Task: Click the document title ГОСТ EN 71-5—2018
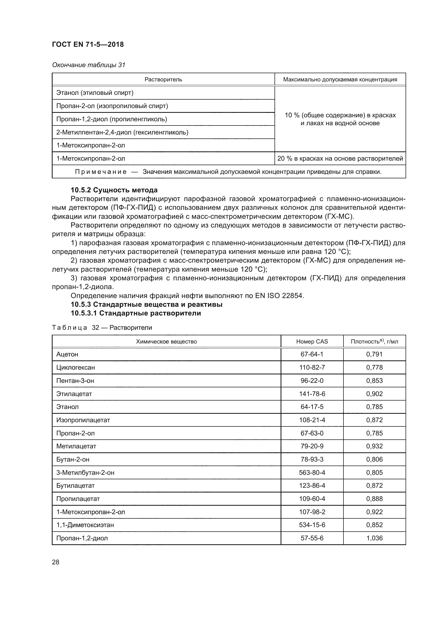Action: (88, 44)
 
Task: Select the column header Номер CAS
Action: (312, 342)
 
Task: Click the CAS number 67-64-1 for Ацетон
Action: (312, 354)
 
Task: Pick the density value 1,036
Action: (374, 538)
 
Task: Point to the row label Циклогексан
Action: (76, 368)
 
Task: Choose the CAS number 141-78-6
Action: (312, 394)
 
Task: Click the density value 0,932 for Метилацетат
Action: (374, 446)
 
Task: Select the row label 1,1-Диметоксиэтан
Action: (85, 525)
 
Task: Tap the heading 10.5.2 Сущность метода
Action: (114, 190)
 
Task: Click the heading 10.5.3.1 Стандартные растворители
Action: (136, 313)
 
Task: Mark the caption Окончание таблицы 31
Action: (89, 65)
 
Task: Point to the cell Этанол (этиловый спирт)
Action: (95, 93)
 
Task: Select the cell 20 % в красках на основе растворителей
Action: (340, 159)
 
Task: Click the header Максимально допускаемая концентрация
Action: (340, 80)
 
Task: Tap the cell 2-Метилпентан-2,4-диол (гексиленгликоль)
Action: (122, 132)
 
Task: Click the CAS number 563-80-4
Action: (312, 472)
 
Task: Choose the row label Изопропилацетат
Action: (83, 420)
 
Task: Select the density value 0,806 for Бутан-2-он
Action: (374, 459)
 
